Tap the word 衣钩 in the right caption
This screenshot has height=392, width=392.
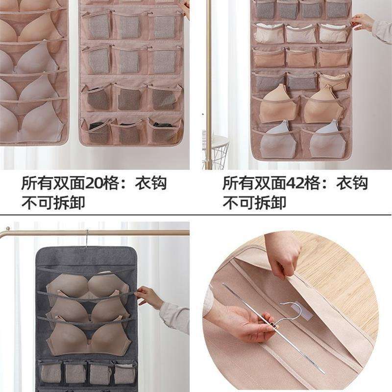[x=352, y=184]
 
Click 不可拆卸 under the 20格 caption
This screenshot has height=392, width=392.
[x=52, y=202]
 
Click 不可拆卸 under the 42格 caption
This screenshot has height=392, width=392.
[x=254, y=202]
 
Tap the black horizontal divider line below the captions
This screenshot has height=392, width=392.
[x=196, y=214]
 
